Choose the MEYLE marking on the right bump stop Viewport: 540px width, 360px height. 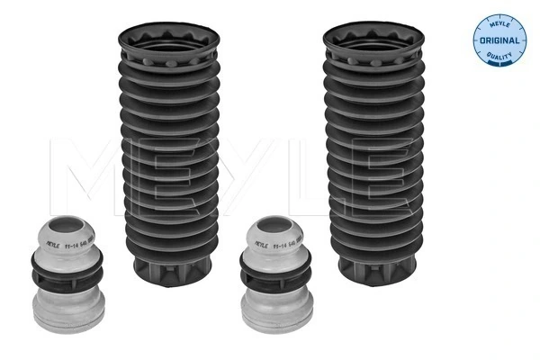tap(256, 243)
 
